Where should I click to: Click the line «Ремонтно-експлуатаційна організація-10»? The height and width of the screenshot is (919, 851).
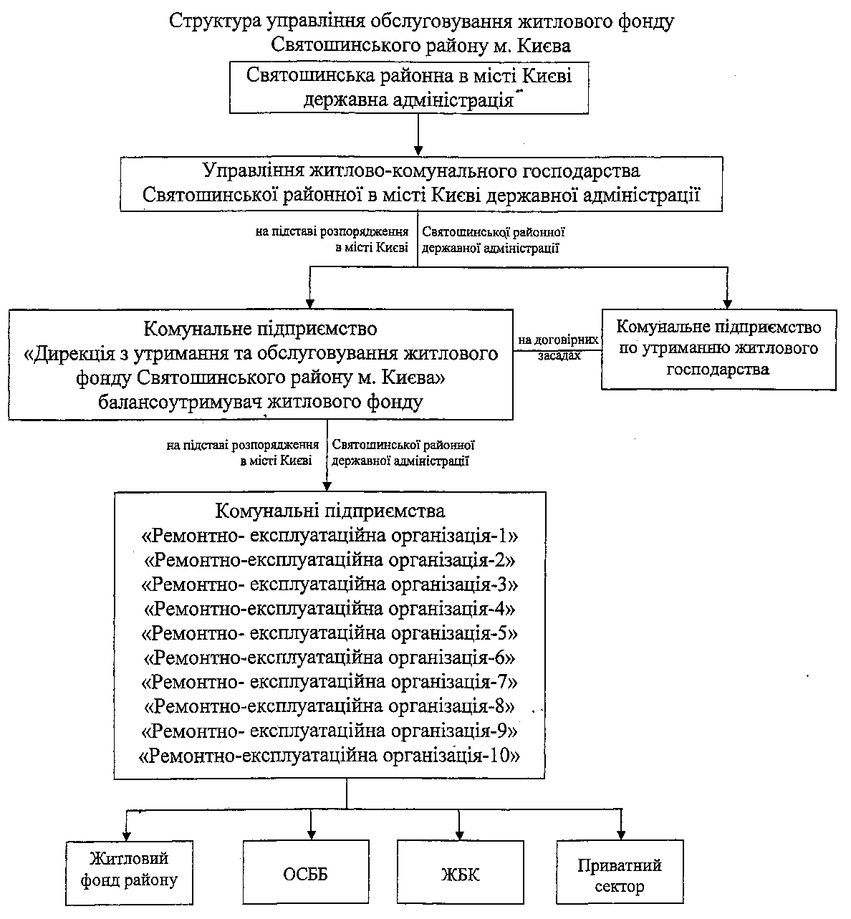point(330,756)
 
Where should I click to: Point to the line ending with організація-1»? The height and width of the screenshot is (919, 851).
point(330,536)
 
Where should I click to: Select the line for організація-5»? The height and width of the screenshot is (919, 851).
point(330,633)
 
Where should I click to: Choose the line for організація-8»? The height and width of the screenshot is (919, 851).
point(330,706)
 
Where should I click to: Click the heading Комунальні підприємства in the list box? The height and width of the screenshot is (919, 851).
point(330,511)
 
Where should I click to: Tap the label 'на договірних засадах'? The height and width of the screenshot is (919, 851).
point(558,347)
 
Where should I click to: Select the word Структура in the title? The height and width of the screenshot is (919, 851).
point(216,21)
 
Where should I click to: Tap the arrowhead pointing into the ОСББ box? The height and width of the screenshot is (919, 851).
point(311,834)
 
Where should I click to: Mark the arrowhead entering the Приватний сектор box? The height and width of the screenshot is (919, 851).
point(621,834)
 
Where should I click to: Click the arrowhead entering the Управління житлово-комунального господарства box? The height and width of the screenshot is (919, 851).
point(418,151)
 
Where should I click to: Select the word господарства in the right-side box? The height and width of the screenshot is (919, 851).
point(718,370)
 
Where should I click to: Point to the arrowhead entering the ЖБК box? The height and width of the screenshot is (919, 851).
point(459,834)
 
